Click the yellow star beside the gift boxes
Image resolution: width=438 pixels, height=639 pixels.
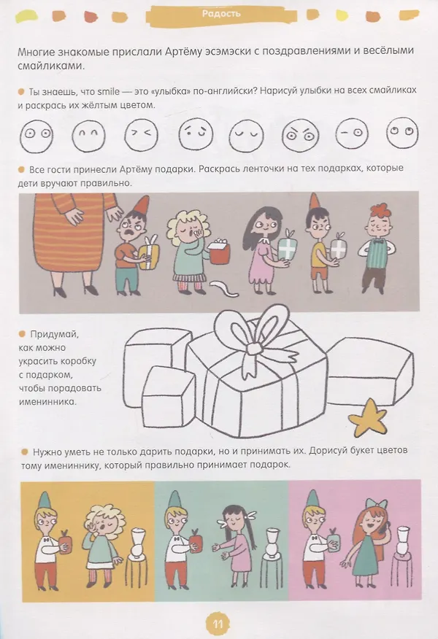pos(368,418)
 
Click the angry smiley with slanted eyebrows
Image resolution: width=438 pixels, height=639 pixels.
pos(300,133)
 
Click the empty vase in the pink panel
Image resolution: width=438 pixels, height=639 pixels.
pos(404,540)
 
